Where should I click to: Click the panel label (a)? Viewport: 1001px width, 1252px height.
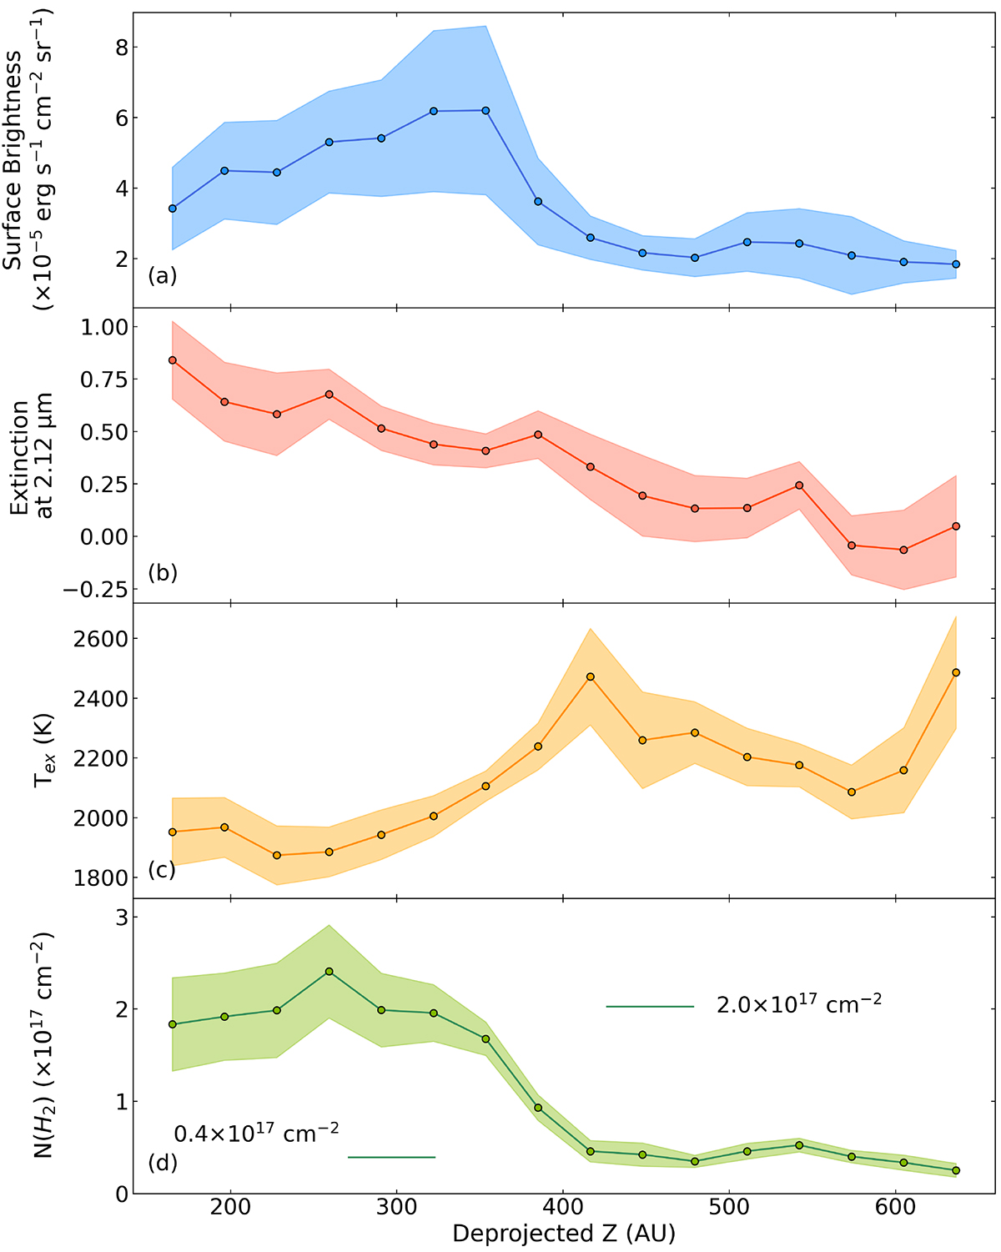[163, 276]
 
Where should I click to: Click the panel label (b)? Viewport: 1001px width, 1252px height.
[163, 573]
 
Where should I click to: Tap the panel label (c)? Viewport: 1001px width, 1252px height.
[162, 869]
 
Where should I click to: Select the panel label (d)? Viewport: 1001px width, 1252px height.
[163, 1162]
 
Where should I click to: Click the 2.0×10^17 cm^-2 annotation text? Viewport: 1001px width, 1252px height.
[799, 1003]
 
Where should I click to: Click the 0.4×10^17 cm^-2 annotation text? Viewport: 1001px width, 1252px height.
[256, 1133]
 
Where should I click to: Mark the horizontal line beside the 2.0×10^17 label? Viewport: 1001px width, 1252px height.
[650, 1007]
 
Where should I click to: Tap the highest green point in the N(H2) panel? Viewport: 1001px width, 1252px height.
[329, 972]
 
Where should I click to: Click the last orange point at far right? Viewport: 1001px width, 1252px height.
[956, 672]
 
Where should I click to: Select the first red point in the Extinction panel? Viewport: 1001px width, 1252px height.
[173, 360]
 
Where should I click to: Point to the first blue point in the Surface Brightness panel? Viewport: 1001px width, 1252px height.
[173, 209]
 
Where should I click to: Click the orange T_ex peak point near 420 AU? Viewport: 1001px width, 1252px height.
[591, 676]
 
